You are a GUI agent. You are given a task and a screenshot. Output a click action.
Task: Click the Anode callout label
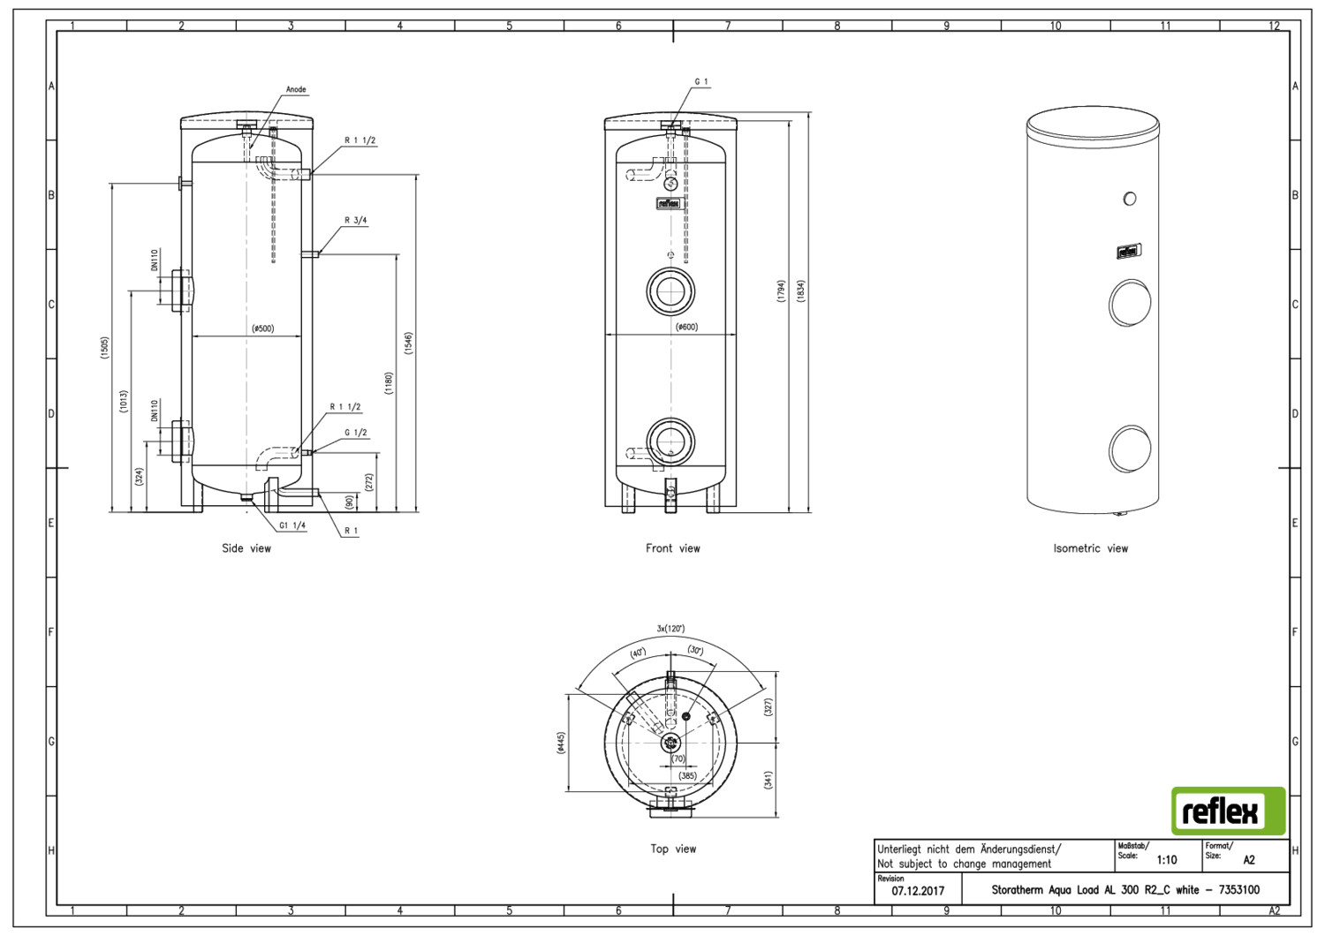pos(296,89)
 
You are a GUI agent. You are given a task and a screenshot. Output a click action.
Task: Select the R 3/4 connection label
pos(355,221)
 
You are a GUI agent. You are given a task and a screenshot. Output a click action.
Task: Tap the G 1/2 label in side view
pos(355,432)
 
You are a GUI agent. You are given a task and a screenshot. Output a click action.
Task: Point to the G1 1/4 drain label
pos(292,525)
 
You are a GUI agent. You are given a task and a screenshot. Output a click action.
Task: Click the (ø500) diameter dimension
pos(262,328)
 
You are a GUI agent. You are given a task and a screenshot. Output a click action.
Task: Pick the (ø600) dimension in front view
pos(686,327)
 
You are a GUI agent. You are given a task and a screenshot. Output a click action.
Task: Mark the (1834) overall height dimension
pos(800,291)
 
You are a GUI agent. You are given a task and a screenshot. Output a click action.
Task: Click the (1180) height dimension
pos(389,384)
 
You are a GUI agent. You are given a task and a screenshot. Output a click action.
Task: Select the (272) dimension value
pos(369,482)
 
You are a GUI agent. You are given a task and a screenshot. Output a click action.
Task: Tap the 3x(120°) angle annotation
pos(670,629)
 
